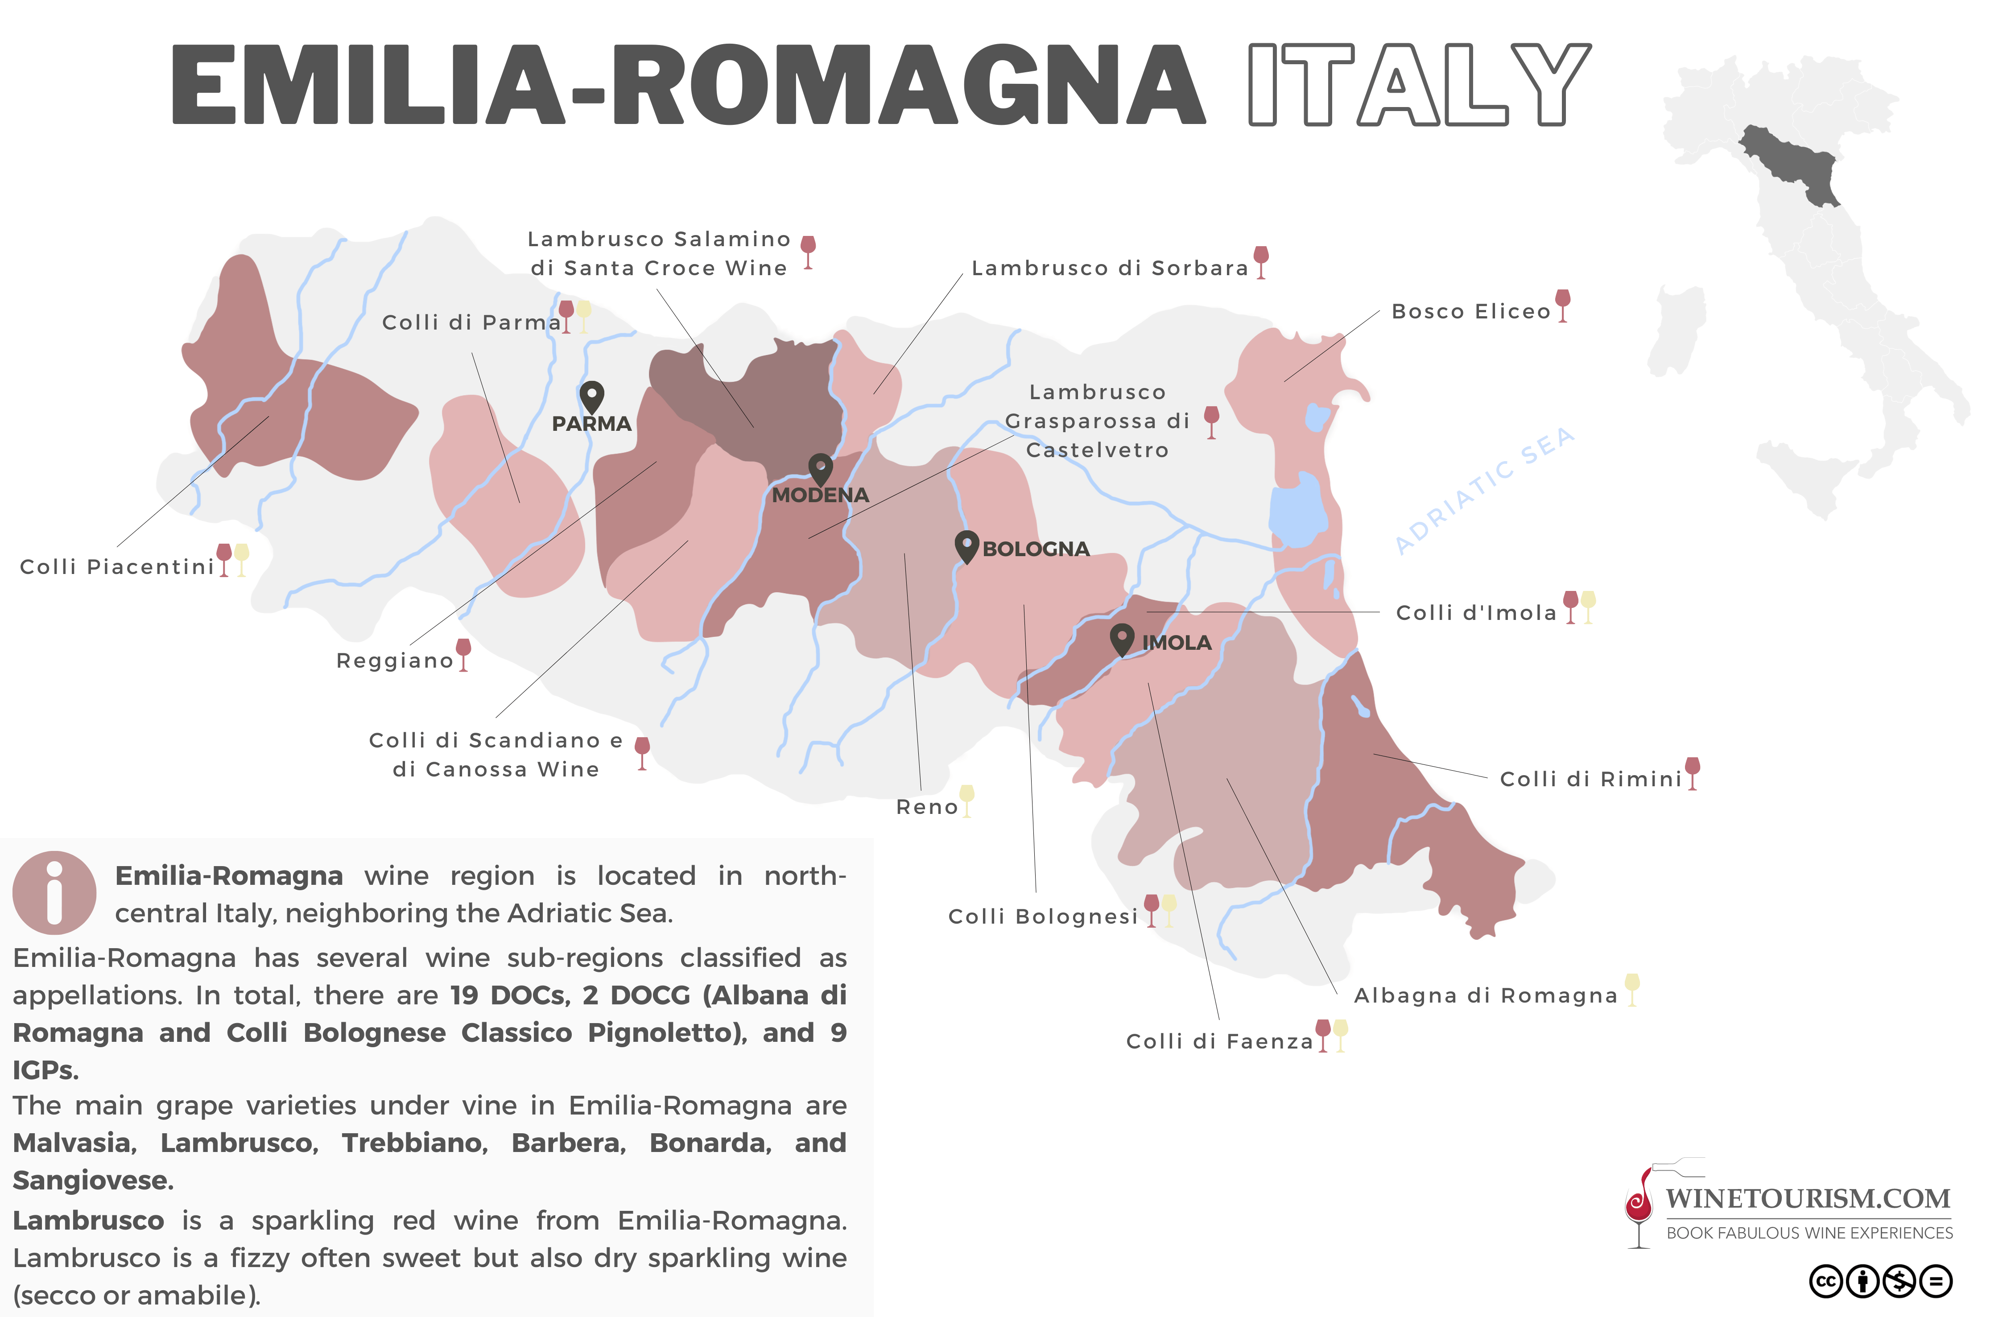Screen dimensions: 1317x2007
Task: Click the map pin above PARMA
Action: pyautogui.click(x=592, y=396)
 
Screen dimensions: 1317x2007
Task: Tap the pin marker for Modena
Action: pyautogui.click(x=821, y=468)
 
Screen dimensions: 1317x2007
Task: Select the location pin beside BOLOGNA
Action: pyautogui.click(x=966, y=545)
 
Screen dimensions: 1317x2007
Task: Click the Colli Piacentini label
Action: pyautogui.click(x=117, y=566)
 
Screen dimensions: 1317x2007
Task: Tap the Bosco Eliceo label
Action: pyautogui.click(x=1470, y=312)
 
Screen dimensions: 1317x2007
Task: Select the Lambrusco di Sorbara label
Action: pyautogui.click(x=1110, y=268)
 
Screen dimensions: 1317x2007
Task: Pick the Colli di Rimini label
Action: pyautogui.click(x=1590, y=779)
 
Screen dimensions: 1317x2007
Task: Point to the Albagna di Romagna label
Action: pyautogui.click(x=1486, y=996)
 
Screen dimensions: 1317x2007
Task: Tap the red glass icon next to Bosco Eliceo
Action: pyautogui.click(x=1563, y=304)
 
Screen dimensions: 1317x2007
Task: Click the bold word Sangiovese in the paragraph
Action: pyautogui.click(x=93, y=1181)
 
